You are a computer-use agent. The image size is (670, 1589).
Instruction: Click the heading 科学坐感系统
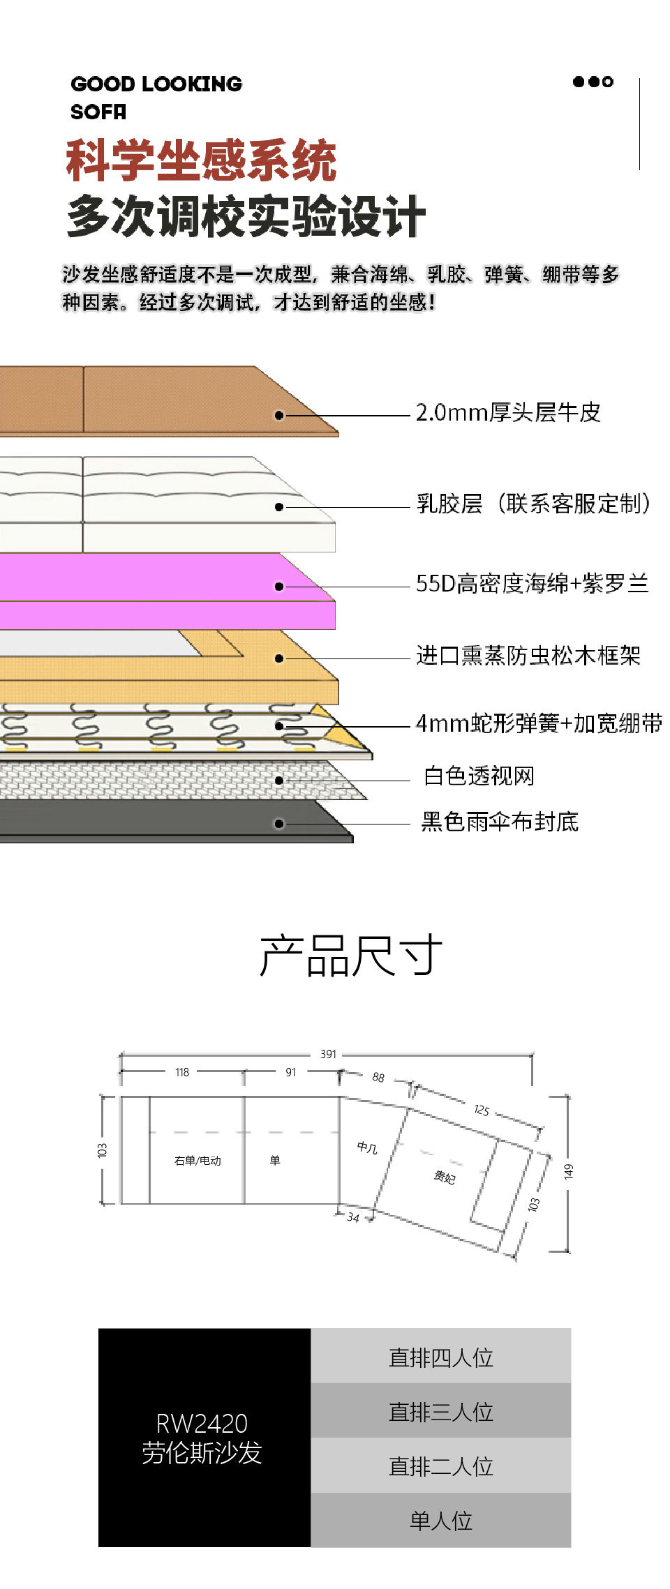tap(201, 160)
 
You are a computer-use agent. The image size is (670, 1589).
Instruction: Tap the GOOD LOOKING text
tap(156, 84)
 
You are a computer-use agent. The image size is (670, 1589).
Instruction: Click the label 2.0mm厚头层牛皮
tap(508, 412)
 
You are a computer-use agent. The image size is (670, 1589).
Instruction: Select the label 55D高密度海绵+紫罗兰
tap(532, 583)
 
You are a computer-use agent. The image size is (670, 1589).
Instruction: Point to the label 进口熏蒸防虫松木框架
tap(528, 656)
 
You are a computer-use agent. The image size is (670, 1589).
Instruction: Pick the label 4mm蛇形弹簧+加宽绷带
tap(539, 723)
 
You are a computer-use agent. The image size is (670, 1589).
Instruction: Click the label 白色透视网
tap(479, 776)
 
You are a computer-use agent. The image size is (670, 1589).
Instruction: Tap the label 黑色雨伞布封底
tap(500, 822)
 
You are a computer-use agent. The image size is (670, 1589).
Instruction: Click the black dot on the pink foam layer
tap(279, 587)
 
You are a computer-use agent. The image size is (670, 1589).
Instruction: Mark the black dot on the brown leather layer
tap(279, 415)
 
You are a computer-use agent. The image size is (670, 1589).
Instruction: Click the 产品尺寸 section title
tap(350, 955)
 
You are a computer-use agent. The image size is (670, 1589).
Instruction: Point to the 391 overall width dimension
tap(328, 1054)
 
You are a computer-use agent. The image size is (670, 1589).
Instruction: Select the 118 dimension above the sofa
tap(182, 1072)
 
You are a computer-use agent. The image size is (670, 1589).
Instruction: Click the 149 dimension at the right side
tap(569, 1171)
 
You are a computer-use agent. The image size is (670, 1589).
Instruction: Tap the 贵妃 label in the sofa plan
tap(445, 1177)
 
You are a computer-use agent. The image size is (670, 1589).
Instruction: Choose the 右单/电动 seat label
tap(198, 1161)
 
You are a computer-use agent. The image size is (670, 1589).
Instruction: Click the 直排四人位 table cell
tap(440, 1357)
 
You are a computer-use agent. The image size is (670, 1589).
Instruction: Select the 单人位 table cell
tap(440, 1521)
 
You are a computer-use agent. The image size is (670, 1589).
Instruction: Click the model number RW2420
tap(202, 1423)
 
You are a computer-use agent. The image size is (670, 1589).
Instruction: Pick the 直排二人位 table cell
tap(440, 1466)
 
